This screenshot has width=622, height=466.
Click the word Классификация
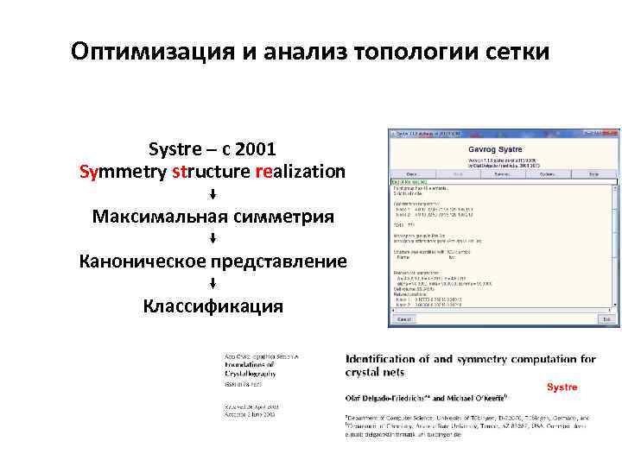click(213, 305)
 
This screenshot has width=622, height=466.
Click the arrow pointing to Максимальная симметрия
click(213, 192)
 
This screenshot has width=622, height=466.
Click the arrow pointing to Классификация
click(213, 283)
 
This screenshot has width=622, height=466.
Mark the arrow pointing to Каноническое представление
click(213, 238)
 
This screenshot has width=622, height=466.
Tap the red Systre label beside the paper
click(562, 387)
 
